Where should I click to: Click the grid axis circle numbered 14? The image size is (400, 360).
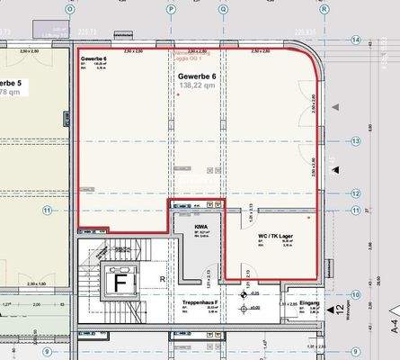pos(356,40)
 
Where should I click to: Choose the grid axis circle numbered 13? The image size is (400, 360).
pos(356,140)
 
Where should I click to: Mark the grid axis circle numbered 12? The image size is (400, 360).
pos(356,193)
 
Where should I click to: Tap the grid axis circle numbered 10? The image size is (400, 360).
pos(356,293)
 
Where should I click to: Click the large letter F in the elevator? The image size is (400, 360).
pos(117,282)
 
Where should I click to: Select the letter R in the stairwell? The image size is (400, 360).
pos(161,280)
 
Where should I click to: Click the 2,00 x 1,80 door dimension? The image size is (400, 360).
pos(36,283)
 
